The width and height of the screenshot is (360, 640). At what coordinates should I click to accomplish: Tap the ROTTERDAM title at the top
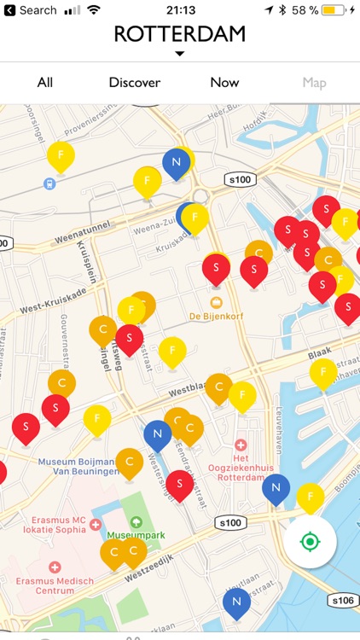click(179, 34)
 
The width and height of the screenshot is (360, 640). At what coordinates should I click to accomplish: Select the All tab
click(45, 83)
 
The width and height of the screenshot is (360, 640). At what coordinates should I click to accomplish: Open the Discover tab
click(135, 83)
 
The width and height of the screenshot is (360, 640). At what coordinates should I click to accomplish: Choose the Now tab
click(224, 83)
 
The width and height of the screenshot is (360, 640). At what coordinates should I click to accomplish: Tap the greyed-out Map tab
click(314, 83)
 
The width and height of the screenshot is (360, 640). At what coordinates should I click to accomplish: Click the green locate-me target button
click(310, 542)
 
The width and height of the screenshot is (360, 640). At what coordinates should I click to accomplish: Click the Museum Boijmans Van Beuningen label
click(77, 466)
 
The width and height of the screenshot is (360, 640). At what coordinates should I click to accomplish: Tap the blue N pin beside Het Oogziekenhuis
click(276, 488)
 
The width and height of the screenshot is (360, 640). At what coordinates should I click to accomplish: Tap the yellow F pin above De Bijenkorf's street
click(172, 350)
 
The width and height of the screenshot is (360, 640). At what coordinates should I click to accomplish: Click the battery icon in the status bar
click(334, 10)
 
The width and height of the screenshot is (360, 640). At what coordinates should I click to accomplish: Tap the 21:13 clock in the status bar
click(180, 10)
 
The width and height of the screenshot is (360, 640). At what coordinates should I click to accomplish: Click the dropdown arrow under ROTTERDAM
click(179, 54)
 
